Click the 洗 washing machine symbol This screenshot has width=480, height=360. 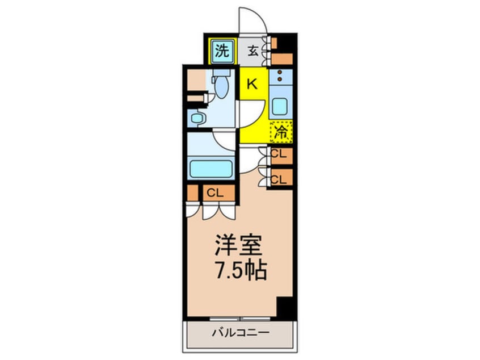(222, 52)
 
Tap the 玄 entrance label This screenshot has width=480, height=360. (253, 52)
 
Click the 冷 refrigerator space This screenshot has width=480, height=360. (281, 133)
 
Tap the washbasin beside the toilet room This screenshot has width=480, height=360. (197, 119)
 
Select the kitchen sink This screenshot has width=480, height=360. (280, 106)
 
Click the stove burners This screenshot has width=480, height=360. (280, 75)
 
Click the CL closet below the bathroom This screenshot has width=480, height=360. (214, 193)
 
